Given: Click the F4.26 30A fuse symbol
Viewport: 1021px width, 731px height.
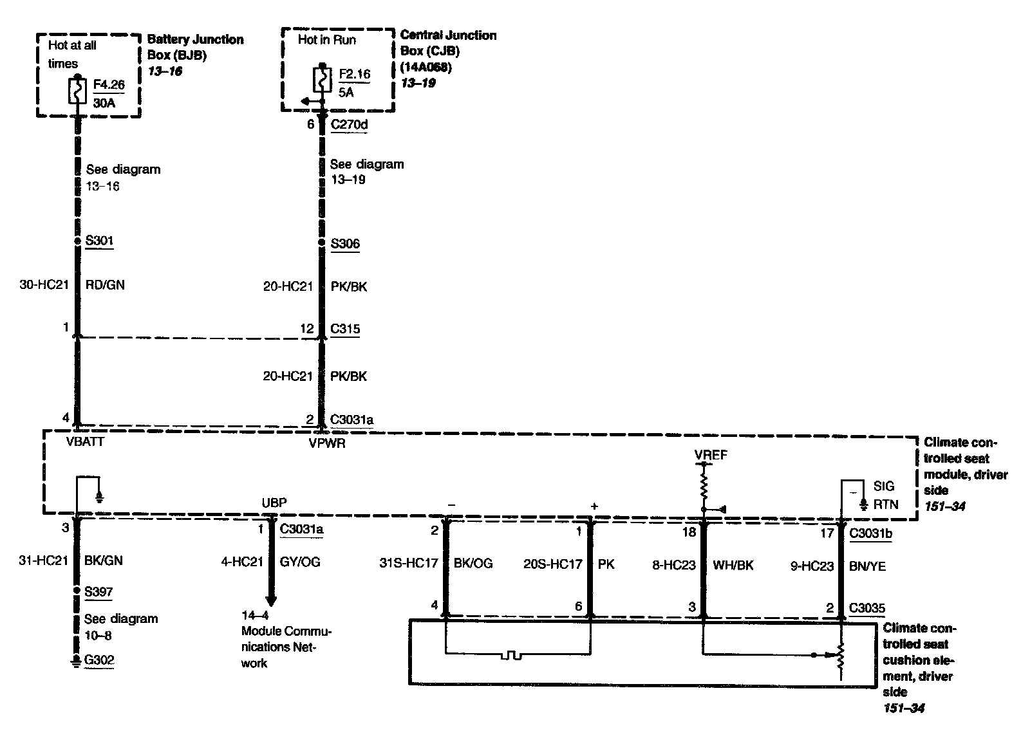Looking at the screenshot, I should pyautogui.click(x=77, y=91).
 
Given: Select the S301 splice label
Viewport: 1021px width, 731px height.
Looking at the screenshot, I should pyautogui.click(x=99, y=241).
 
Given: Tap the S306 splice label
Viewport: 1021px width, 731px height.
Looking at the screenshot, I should pyautogui.click(x=344, y=244).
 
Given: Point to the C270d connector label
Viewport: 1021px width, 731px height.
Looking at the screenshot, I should pyautogui.click(x=349, y=124).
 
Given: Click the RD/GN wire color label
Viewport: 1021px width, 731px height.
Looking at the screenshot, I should pyautogui.click(x=105, y=284).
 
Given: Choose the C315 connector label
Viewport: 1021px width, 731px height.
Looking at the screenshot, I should pyautogui.click(x=344, y=329).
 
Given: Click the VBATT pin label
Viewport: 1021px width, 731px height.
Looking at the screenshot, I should pyautogui.click(x=85, y=443).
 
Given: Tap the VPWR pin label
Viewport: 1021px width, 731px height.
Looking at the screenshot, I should pyautogui.click(x=327, y=443).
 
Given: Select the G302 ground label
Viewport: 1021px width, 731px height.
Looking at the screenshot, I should pyautogui.click(x=99, y=660).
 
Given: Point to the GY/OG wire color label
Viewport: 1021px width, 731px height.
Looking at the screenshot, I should pyautogui.click(x=300, y=562).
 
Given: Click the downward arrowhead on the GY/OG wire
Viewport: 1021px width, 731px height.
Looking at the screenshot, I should pyautogui.click(x=271, y=601).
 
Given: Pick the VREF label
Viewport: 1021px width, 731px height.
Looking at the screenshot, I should pyautogui.click(x=711, y=455).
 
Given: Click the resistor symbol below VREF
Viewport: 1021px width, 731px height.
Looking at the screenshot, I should pyautogui.click(x=704, y=483).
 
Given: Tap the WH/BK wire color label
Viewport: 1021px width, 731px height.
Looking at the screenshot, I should pyautogui.click(x=733, y=566).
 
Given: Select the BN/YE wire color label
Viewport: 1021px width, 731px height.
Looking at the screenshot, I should pyautogui.click(x=868, y=566).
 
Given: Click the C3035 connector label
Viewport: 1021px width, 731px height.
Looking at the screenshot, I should pyautogui.click(x=867, y=608).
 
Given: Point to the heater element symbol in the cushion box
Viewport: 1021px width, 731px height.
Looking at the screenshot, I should pyautogui.click(x=512, y=656).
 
